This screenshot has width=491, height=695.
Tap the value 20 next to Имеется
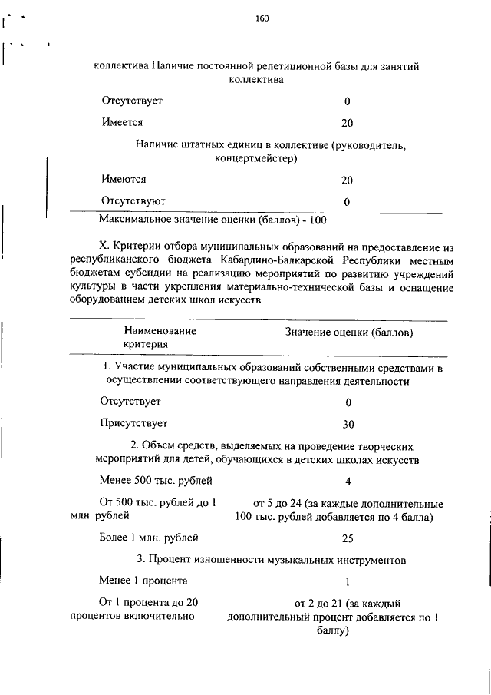tap(347, 123)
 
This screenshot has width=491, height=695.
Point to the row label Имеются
tap(123, 180)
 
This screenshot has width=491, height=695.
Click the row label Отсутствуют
tap(133, 200)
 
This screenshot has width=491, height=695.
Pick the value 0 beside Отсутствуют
tap(347, 201)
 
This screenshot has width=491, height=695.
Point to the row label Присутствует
tap(133, 422)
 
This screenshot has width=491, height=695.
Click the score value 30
tap(348, 423)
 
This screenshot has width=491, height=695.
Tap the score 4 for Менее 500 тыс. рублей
tap(348, 482)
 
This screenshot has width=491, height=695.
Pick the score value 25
tap(348, 538)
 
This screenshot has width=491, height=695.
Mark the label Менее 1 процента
tap(143, 580)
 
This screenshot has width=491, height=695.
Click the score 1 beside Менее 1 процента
tap(348, 581)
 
